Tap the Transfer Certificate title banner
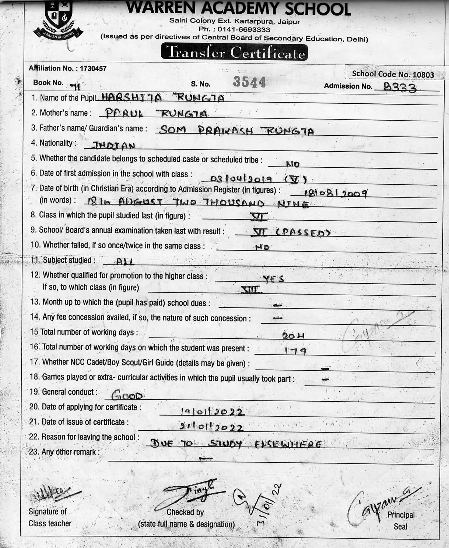pyautogui.click(x=234, y=53)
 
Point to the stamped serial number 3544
pyautogui.click(x=249, y=82)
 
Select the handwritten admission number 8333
pyautogui.click(x=400, y=87)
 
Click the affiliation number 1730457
pyautogui.click(x=93, y=68)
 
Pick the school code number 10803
pyautogui.click(x=423, y=75)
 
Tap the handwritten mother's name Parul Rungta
pyautogui.click(x=156, y=113)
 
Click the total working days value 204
pyautogui.click(x=293, y=335)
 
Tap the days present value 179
pyautogui.click(x=295, y=351)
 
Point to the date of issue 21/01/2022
pyautogui.click(x=211, y=427)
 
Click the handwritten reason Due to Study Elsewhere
pyautogui.click(x=235, y=444)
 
